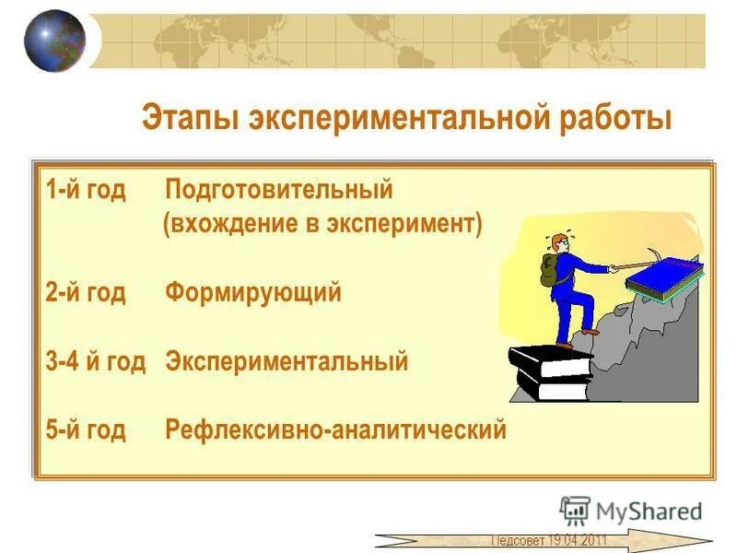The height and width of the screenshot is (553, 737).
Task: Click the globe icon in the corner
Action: pos(53,41)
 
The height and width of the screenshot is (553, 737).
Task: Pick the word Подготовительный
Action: pos(279,191)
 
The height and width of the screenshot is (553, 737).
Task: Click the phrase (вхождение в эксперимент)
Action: pos(322,225)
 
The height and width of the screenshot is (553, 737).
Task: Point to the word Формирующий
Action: pos(253,293)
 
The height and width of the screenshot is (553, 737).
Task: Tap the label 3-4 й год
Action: pos(95,361)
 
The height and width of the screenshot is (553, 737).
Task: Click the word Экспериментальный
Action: pos(287,361)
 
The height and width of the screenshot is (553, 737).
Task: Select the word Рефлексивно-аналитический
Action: pos(335,429)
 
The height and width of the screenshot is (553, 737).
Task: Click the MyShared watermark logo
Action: pos(632,511)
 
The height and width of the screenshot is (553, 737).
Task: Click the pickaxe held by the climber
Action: pos(645,262)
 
